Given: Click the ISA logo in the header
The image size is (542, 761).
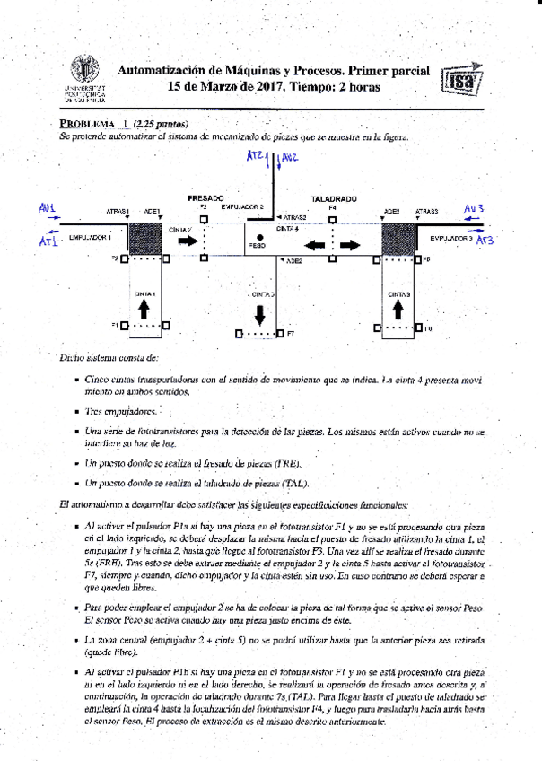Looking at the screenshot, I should pyautogui.click(x=463, y=81).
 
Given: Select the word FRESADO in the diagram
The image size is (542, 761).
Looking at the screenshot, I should pyautogui.click(x=205, y=197).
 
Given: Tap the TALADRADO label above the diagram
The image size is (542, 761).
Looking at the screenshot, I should pyautogui.click(x=334, y=198).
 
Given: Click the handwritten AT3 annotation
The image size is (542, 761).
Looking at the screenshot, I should pyautogui.click(x=485, y=241).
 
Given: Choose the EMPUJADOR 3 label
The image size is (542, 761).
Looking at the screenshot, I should pyautogui.click(x=450, y=238).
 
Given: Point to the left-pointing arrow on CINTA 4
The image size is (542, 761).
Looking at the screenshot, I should pyautogui.click(x=315, y=244).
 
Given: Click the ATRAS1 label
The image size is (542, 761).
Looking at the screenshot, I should pyautogui.click(x=118, y=211).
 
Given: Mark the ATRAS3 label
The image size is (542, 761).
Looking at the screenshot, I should pyautogui.click(x=426, y=211).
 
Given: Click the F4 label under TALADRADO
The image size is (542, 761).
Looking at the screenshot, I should pyautogui.click(x=332, y=207).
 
